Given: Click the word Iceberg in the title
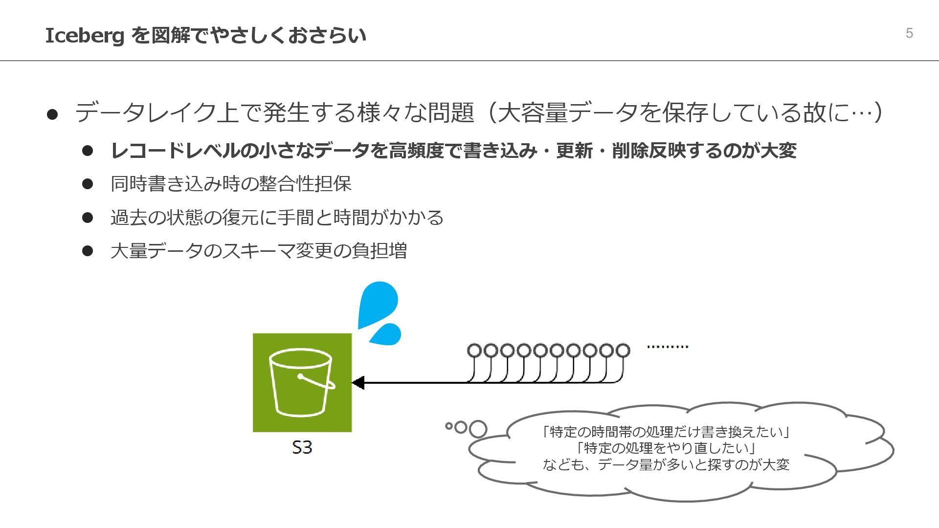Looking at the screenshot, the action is coord(84,36).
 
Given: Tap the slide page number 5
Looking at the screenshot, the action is coord(909,33).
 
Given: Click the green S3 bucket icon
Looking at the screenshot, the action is coord(302,382).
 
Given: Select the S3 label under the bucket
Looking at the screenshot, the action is coord(302,447).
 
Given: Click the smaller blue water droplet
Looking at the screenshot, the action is coord(387,334).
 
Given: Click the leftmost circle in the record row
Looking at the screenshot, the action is coord(474,351).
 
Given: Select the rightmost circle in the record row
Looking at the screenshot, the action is coord(623,351).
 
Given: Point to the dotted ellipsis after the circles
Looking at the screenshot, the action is coord(667,347).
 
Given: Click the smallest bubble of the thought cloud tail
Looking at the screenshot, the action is coord(448,426).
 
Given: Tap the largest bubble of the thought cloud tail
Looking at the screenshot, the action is coord(478,429).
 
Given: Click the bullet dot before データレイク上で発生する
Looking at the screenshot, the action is coord(52,114).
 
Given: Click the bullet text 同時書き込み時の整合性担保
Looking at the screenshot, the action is coord(231,184).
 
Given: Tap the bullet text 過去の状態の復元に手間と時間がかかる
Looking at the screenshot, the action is coord(277,217).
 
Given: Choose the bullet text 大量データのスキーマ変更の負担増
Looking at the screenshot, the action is coord(259,251).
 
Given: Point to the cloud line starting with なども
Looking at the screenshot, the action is coord(666,464).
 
